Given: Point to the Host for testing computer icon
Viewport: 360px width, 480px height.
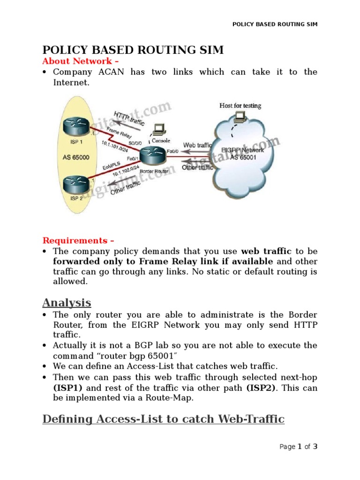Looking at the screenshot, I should pyautogui.click(x=240, y=116).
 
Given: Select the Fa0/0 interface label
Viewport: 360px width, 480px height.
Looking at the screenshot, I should pyautogui.click(x=172, y=151).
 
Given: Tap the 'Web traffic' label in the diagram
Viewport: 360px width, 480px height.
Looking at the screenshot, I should pyautogui.click(x=198, y=145).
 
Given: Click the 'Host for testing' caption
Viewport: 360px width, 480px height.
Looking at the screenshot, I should pyautogui.click(x=240, y=105).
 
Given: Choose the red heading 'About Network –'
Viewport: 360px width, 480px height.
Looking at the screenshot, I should pyautogui.click(x=77, y=61).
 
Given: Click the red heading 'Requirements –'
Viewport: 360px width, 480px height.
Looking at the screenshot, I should pyautogui.click(x=78, y=240).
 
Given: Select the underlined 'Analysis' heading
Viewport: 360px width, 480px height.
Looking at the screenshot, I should pyautogui.click(x=67, y=302).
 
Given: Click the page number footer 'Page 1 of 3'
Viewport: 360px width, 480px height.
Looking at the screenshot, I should pyautogui.click(x=299, y=447).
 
